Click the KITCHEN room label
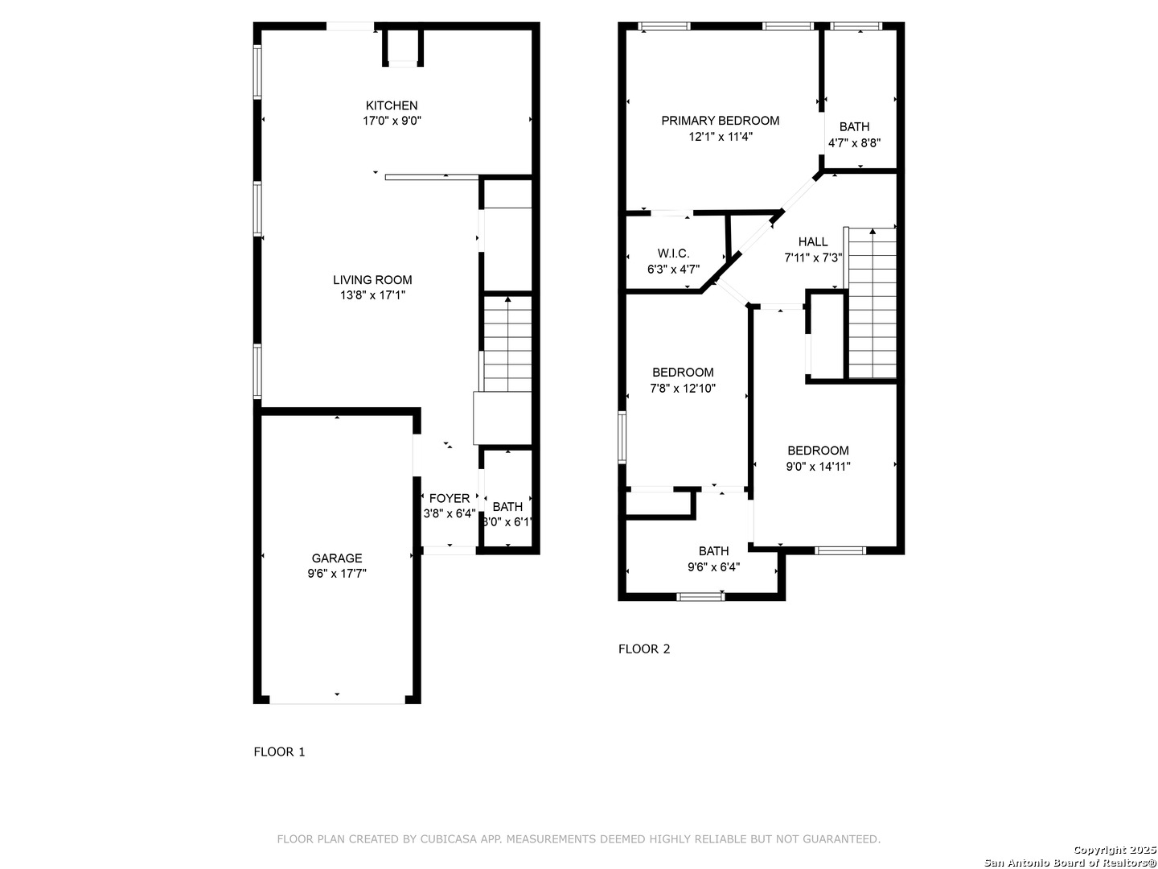click(x=392, y=105)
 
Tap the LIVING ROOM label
click(x=372, y=280)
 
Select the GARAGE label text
click(x=337, y=558)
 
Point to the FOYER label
click(x=450, y=499)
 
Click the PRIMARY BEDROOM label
click(x=720, y=121)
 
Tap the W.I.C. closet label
click(x=673, y=253)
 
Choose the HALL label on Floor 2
click(x=813, y=241)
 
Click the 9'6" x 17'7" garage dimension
click(x=337, y=574)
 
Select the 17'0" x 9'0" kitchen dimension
click(x=392, y=121)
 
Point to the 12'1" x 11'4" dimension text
click(x=720, y=137)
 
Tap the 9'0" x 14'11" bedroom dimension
click(x=819, y=467)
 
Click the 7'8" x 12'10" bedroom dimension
click(x=683, y=389)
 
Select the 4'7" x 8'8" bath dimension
click(x=854, y=142)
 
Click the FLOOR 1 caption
click(x=279, y=752)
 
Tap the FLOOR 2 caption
click(x=643, y=649)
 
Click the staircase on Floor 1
click(x=507, y=344)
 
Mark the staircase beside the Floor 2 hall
click(x=872, y=303)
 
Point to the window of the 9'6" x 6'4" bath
click(x=700, y=597)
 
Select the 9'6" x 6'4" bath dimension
click(x=713, y=567)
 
